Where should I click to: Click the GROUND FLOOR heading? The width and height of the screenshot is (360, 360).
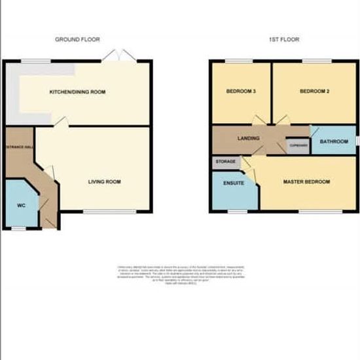77,40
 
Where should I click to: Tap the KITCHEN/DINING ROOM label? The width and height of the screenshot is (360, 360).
78,92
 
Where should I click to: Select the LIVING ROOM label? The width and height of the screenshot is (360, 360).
105,181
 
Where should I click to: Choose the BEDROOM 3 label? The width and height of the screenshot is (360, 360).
240,92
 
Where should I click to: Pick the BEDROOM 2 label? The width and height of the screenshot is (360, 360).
314,92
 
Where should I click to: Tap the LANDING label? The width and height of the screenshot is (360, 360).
249,138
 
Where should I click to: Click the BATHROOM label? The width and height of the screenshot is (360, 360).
333,141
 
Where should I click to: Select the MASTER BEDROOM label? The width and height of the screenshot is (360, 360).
306,181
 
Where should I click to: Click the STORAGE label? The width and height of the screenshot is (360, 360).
225,160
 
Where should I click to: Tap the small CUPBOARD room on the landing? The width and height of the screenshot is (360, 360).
298,145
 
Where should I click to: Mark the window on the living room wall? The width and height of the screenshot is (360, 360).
110,211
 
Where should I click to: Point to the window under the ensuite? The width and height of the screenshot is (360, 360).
238,211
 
